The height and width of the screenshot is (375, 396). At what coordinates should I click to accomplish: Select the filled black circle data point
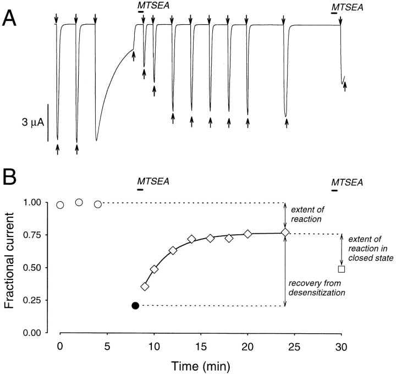tap(135, 305)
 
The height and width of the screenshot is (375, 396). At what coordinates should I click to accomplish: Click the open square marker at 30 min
tap(341, 269)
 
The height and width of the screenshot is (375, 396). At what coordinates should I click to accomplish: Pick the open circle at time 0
tap(61, 205)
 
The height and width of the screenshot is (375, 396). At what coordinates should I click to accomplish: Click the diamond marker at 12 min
tap(173, 250)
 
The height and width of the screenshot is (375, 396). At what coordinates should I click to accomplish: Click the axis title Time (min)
tap(200, 365)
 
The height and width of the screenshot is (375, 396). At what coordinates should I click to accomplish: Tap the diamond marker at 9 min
tap(145, 271)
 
